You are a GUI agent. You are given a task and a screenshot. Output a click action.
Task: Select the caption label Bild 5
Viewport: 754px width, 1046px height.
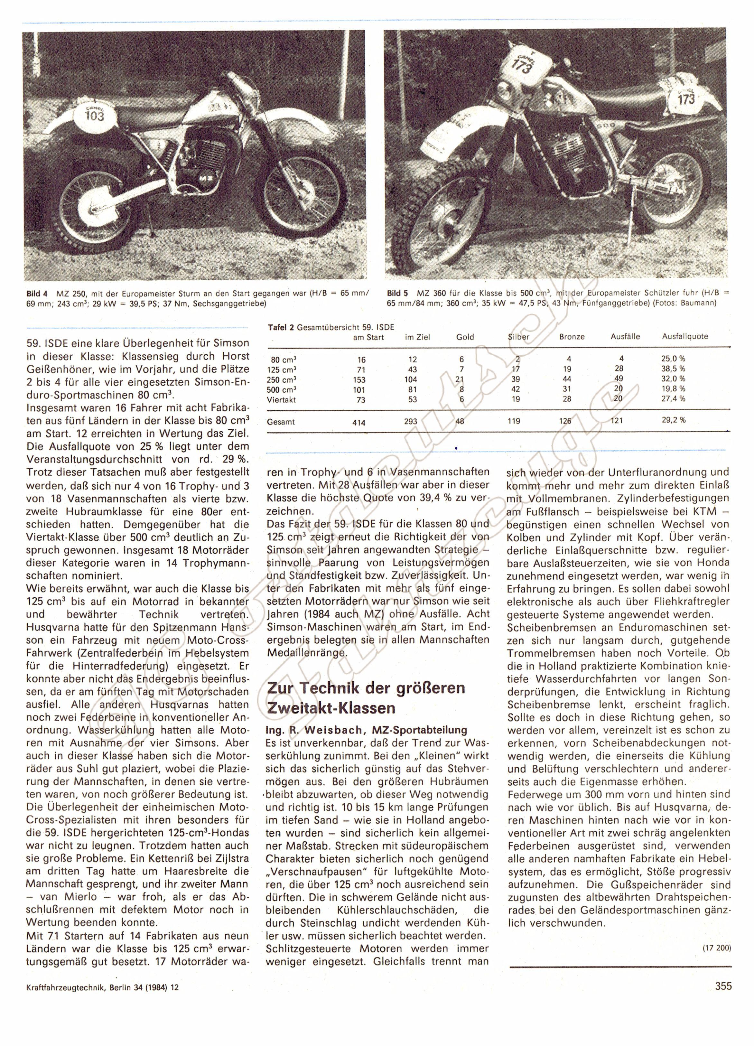(397, 293)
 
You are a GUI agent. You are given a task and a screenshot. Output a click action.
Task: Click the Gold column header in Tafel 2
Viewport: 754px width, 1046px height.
(465, 337)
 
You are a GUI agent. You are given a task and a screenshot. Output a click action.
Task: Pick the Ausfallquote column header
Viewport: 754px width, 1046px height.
(685, 337)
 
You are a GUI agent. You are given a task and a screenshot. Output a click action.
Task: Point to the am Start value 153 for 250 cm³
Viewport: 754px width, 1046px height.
(359, 380)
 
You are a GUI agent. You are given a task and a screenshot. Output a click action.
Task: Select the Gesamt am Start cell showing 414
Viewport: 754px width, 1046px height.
(359, 422)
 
